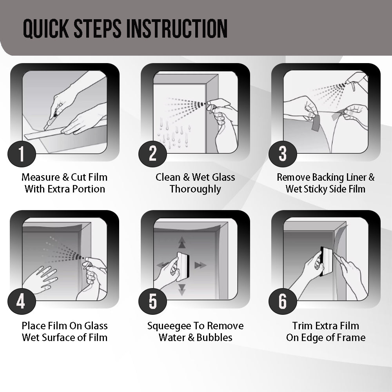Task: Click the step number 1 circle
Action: tap(22, 154)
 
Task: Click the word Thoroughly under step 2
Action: tap(195, 189)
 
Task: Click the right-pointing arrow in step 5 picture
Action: tap(200, 265)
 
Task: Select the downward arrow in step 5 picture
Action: tap(181, 289)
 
